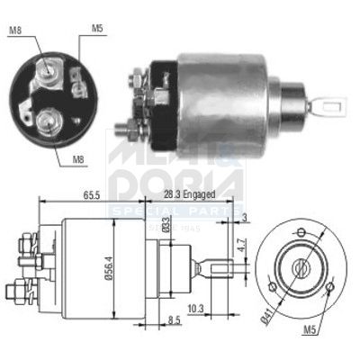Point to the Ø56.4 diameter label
click(x=111, y=267)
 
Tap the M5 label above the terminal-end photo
click(x=97, y=28)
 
